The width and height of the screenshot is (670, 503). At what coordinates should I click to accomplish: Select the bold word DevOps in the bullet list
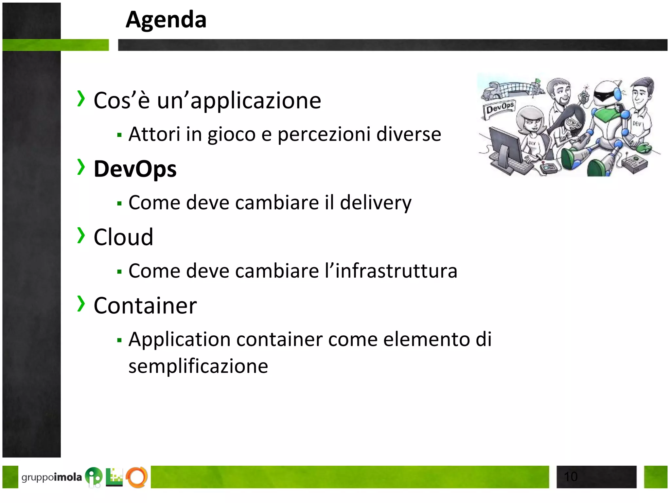point(135,169)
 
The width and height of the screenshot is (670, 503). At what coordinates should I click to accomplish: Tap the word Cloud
point(123,237)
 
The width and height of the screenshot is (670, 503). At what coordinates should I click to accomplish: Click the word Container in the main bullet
point(145,306)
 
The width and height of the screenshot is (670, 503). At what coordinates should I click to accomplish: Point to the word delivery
point(376,203)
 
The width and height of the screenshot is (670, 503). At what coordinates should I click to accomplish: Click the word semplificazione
point(198,366)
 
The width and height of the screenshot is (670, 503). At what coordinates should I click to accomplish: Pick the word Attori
point(154,134)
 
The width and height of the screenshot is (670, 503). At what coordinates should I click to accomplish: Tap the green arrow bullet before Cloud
point(81,235)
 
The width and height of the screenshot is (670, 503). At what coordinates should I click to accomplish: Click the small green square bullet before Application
point(119,340)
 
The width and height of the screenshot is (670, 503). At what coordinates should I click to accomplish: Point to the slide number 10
point(571,476)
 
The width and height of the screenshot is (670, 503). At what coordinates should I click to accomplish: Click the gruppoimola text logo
point(51,477)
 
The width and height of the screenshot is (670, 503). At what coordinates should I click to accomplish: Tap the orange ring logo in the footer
point(137,477)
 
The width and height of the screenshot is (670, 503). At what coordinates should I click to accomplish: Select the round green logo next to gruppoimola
point(94,476)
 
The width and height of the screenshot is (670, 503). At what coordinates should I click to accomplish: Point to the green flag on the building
point(538,81)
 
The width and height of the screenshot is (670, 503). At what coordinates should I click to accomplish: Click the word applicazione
point(256,101)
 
